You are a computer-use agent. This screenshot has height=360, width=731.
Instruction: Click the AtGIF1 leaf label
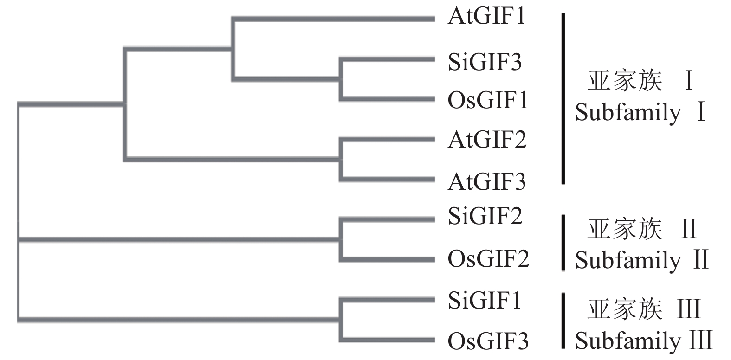(486, 17)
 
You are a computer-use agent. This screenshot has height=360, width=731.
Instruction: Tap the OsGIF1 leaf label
(488, 100)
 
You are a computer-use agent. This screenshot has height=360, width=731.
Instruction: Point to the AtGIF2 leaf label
(487, 140)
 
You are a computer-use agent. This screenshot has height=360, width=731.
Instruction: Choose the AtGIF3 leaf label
(487, 181)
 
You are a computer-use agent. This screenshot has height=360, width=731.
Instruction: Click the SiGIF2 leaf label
(485, 216)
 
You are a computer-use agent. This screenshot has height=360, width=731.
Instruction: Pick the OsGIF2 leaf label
(488, 258)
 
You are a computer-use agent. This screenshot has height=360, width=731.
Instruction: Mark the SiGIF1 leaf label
(485, 300)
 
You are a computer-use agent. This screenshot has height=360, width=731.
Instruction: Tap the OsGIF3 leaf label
(488, 342)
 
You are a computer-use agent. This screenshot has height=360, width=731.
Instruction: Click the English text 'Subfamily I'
(640, 113)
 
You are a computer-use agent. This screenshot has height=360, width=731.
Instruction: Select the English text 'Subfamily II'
(642, 260)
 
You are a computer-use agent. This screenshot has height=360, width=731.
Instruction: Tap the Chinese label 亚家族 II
(642, 229)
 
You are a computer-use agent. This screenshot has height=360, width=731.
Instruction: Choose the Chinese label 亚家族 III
(644, 310)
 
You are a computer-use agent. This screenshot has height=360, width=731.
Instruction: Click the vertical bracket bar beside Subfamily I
(563, 98)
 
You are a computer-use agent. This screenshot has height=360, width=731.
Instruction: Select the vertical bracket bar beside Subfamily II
(563, 242)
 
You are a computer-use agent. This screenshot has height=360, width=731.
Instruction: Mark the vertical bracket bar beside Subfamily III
(563, 321)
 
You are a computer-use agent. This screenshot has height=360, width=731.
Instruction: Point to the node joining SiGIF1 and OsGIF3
(342, 320)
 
